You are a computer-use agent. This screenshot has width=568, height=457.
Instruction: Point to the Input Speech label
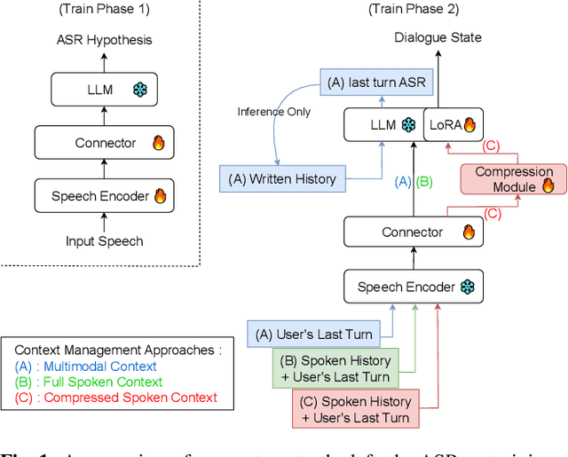pos(105,240)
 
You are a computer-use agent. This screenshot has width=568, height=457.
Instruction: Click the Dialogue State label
pos(438,37)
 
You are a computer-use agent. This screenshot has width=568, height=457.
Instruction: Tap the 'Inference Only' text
pos(272,112)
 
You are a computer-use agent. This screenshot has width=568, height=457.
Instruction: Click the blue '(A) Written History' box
pos(282,179)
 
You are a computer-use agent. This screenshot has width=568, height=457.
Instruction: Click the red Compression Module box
pos(514,179)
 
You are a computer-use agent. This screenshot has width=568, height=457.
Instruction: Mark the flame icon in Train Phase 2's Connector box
pos(469,232)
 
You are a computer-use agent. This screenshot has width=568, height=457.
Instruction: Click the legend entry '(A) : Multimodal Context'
pos(85,366)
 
